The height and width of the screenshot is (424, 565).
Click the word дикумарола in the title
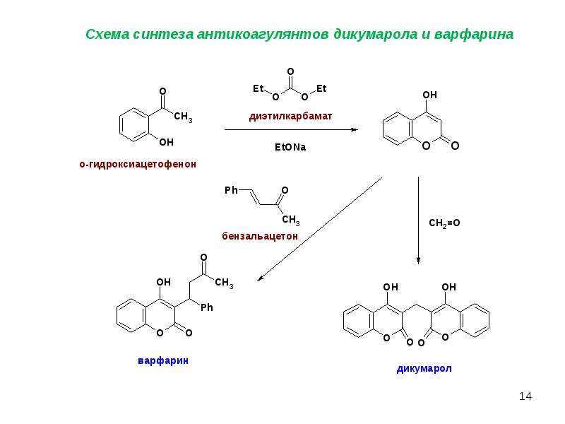click(x=375, y=35)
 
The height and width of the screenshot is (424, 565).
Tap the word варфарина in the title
click(x=474, y=35)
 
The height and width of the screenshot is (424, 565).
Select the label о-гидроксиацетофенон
click(x=138, y=165)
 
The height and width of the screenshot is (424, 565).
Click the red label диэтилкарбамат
click(x=290, y=117)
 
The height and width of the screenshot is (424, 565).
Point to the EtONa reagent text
click(x=290, y=147)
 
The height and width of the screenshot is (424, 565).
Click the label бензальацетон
click(x=260, y=236)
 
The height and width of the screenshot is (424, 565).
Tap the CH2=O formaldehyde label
click(x=444, y=223)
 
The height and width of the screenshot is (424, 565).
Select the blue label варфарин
click(x=163, y=361)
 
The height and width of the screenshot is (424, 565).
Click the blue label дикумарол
click(x=424, y=368)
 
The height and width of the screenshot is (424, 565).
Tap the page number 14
click(x=525, y=396)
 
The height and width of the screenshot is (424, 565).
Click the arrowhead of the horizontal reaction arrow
click(x=355, y=129)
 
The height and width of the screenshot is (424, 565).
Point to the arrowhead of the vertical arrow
click(x=418, y=260)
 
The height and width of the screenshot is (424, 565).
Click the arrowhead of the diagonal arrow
click(x=260, y=278)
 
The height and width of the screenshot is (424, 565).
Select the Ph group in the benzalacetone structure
click(x=231, y=190)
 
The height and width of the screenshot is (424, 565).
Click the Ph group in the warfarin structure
click(x=207, y=307)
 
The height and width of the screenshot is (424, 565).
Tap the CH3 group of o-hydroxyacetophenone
click(x=183, y=117)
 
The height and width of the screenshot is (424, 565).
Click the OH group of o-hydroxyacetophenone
click(x=166, y=143)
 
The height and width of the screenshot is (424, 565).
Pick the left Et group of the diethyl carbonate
click(x=258, y=89)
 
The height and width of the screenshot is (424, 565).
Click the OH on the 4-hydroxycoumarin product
click(x=430, y=95)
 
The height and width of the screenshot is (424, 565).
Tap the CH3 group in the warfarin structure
click(x=224, y=282)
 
